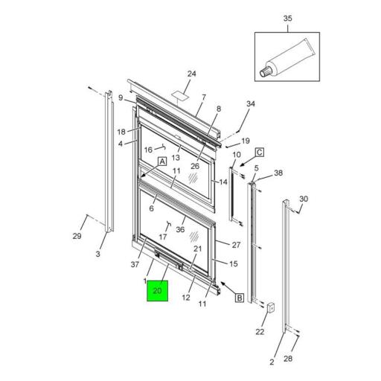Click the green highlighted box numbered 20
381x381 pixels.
pos(157,291)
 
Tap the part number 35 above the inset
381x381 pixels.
pos(288,18)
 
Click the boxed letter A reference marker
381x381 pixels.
pos(161,161)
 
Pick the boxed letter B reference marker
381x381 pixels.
pos(240,298)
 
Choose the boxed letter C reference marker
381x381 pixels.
pos(260,153)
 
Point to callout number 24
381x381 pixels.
pos(191,74)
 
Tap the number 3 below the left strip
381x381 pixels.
pos(97,254)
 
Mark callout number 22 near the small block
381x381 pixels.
pos(260,331)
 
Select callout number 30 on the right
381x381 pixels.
pos(303,199)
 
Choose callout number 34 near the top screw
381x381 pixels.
pos(250,103)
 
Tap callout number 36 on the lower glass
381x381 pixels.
pos(180,229)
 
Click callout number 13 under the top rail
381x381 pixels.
pos(176,158)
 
